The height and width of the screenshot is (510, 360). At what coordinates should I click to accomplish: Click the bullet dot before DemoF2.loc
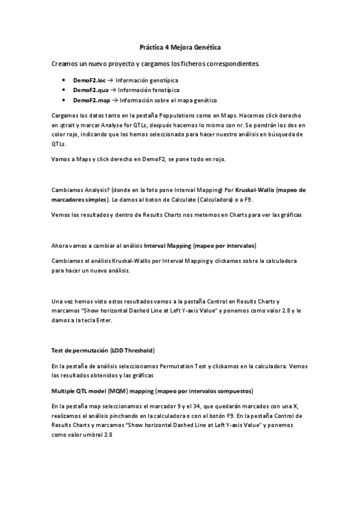pyautogui.click(x=64, y=80)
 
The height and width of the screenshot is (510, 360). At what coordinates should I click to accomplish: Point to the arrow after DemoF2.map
pyautogui.click(x=113, y=100)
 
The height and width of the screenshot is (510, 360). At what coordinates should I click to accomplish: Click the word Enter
pyautogui.click(x=114, y=321)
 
